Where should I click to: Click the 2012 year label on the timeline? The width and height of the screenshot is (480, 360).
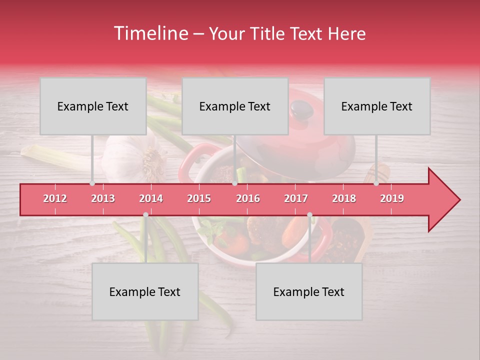click(x=55, y=198)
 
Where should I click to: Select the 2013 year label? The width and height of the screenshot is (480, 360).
click(x=103, y=198)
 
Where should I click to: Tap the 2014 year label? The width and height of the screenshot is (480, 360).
click(x=151, y=198)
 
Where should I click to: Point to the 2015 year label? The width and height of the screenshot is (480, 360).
click(x=199, y=198)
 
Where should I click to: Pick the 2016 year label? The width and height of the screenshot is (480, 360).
click(x=248, y=198)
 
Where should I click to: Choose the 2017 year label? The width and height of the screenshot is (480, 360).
click(x=296, y=198)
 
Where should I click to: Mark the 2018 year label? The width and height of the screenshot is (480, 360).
click(x=344, y=198)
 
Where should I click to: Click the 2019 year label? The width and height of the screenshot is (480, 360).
click(x=392, y=198)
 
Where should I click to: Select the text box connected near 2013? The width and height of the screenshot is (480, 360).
click(x=93, y=106)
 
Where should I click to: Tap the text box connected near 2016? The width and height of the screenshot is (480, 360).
click(x=235, y=106)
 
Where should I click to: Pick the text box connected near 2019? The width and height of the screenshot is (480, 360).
click(x=377, y=106)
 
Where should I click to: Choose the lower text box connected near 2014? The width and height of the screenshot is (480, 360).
click(x=145, y=291)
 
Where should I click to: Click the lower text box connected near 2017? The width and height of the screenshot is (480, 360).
click(x=309, y=291)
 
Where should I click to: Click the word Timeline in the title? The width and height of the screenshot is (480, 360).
click(x=150, y=33)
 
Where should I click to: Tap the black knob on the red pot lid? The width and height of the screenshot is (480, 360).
click(x=300, y=109)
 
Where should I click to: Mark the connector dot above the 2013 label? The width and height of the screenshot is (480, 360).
click(x=92, y=183)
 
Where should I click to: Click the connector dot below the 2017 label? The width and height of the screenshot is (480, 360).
click(x=309, y=215)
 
